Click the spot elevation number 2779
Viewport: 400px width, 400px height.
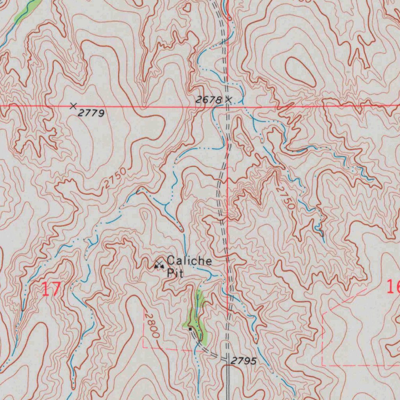pyautogui.click(x=91, y=113)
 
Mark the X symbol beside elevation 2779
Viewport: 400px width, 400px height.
pyautogui.click(x=73, y=105)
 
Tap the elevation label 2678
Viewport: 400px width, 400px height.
pyautogui.click(x=209, y=100)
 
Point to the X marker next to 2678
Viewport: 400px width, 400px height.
pyautogui.click(x=229, y=100)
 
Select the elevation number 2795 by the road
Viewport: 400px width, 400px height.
pyautogui.click(x=243, y=361)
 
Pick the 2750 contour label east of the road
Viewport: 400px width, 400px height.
pyautogui.click(x=285, y=198)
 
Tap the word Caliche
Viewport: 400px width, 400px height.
pyautogui.click(x=189, y=261)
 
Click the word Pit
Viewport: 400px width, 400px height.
pyautogui.click(x=175, y=273)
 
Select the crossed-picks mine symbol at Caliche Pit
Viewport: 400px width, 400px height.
pyautogui.click(x=159, y=265)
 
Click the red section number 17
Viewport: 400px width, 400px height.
pyautogui.click(x=51, y=289)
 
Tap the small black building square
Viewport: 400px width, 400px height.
pyautogui.click(x=190, y=329)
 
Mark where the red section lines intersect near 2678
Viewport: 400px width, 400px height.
pyautogui.click(x=227, y=106)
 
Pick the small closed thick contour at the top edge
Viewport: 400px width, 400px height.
pyautogui.click(x=187, y=7)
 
